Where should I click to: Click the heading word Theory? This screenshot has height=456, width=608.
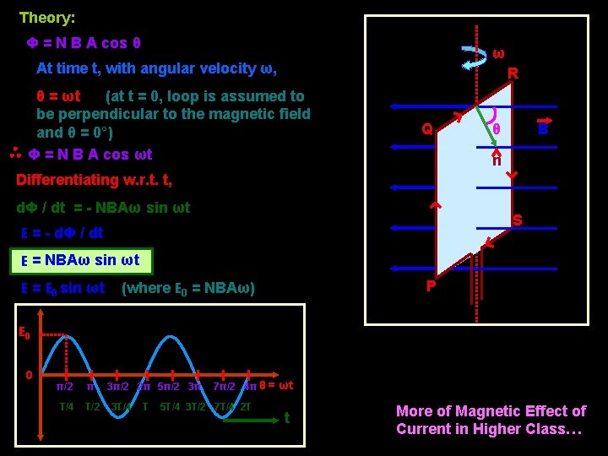click(x=47, y=18)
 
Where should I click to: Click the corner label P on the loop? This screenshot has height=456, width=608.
click(x=431, y=286)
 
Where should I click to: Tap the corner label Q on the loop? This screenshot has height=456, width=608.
click(x=427, y=130)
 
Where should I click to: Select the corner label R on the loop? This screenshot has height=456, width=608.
click(x=512, y=74)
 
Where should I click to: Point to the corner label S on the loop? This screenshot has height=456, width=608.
click(x=517, y=220)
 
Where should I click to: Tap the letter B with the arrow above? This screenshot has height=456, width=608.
click(x=543, y=129)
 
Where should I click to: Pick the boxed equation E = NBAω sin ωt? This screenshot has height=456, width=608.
click(x=81, y=261)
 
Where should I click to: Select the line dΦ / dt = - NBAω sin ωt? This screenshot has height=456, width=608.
click(x=104, y=208)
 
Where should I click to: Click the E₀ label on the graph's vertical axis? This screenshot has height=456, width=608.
click(x=26, y=334)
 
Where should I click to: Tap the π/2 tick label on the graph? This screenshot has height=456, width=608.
click(x=64, y=387)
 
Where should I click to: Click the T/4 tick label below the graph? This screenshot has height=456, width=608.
click(x=66, y=407)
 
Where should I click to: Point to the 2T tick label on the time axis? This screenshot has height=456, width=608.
click(x=245, y=407)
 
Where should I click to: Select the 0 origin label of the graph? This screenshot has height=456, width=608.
click(x=29, y=373)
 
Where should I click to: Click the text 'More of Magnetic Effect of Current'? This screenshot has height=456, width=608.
click(x=491, y=420)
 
